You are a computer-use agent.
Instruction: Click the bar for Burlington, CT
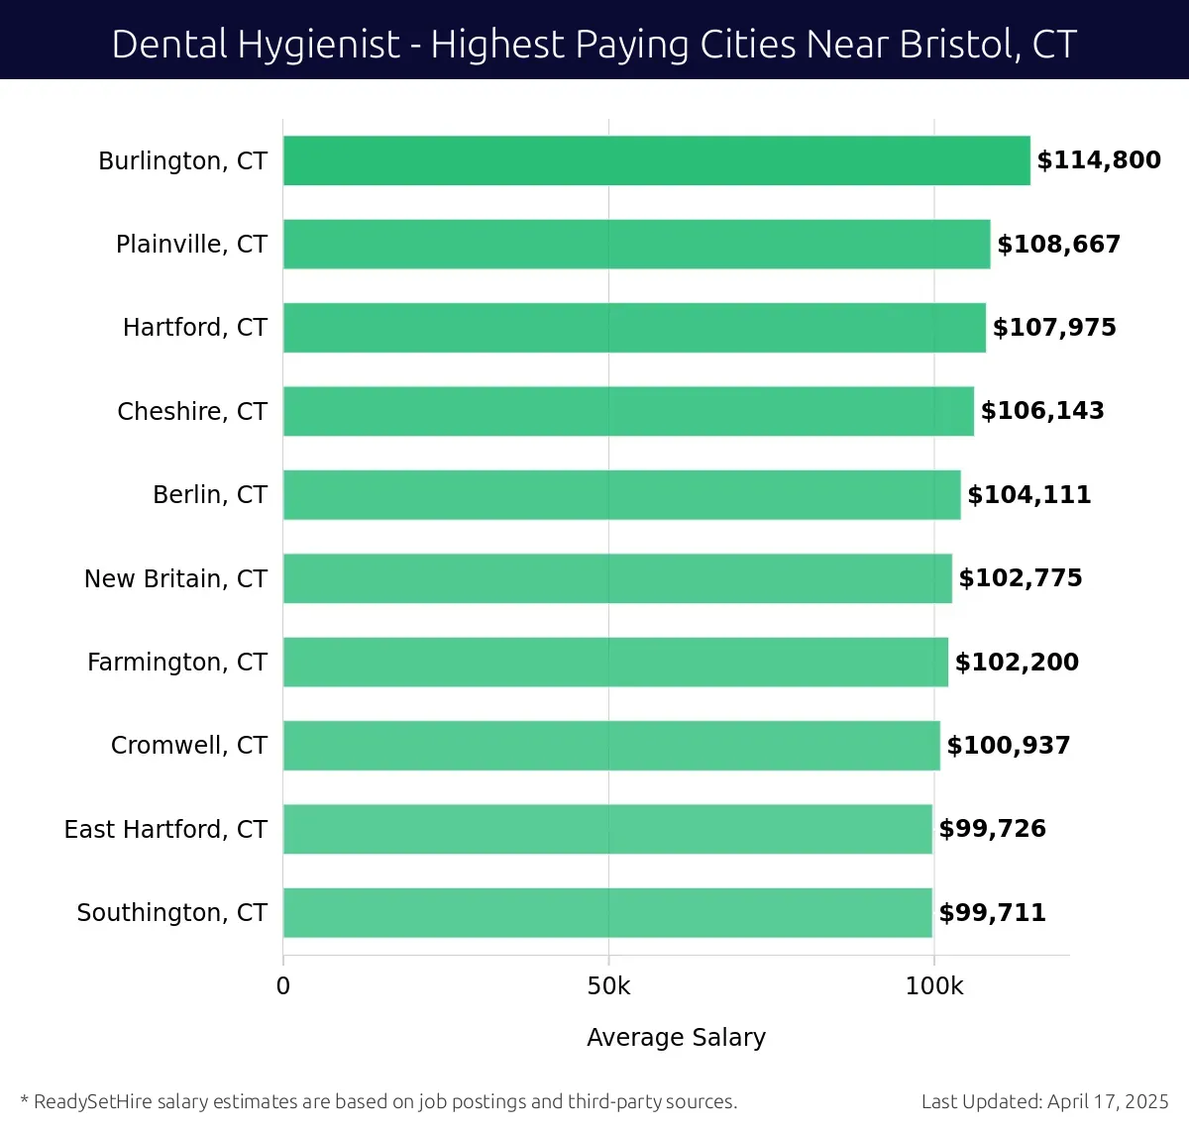point(656,160)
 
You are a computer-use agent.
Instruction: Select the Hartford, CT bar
point(634,328)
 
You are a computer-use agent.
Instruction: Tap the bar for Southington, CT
point(607,912)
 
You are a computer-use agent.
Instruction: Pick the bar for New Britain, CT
point(617,578)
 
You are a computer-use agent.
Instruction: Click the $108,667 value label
point(1058,245)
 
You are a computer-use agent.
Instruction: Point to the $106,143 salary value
point(1042,411)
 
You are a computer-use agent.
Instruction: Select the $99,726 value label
point(992,829)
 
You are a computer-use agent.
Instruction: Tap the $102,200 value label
point(1017,662)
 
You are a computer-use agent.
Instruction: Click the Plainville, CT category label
point(191,245)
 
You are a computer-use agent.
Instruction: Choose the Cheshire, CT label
point(192,411)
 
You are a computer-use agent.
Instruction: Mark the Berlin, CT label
point(210,494)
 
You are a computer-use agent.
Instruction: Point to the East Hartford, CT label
point(165,829)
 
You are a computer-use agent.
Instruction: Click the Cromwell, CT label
point(189,745)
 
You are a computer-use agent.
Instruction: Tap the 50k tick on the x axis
point(608,986)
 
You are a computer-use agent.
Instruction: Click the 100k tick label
point(933,986)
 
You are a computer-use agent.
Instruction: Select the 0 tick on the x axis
point(283,986)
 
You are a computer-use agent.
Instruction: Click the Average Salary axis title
point(676,1037)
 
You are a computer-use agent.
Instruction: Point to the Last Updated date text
point(1044,1101)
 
